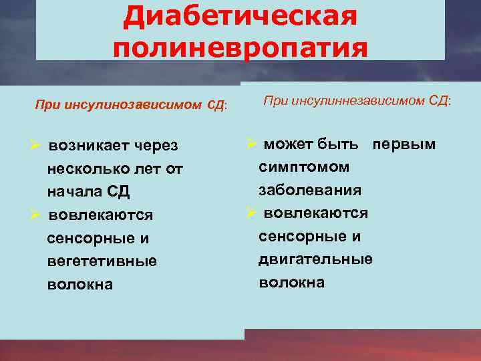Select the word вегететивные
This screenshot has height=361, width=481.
(102, 261)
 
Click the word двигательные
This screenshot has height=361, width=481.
(315, 259)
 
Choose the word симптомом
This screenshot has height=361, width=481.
(304, 166)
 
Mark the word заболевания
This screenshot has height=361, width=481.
(310, 190)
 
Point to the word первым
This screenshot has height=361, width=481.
(404, 144)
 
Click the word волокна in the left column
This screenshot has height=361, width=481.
(79, 284)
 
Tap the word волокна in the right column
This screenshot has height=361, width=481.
(291, 282)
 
